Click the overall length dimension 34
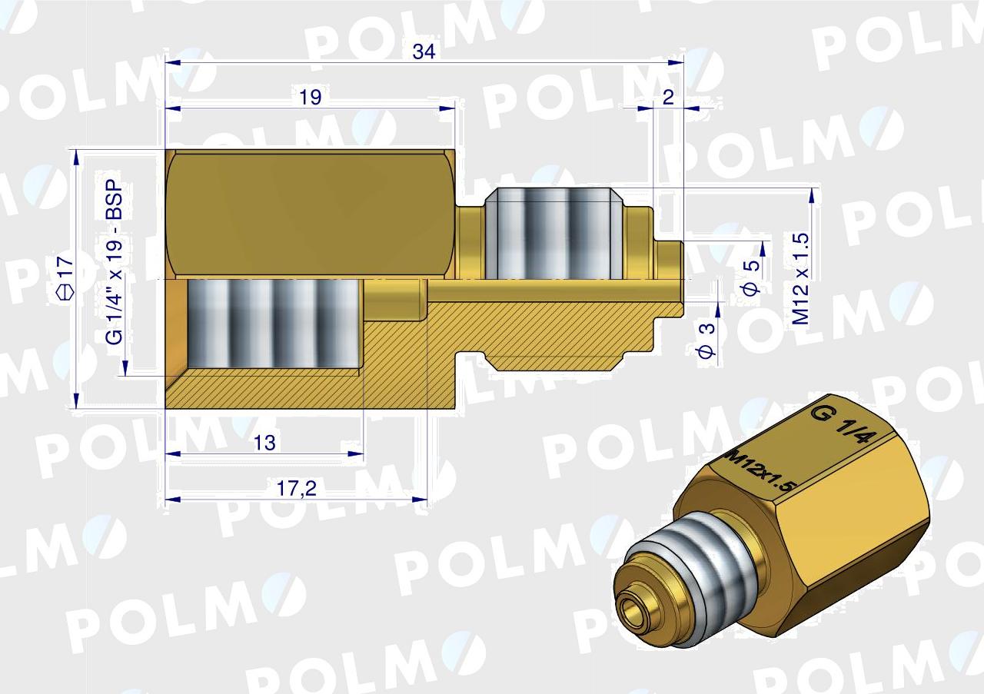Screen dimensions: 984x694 pos(424,51)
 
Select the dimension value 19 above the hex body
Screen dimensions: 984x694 pos(310,97)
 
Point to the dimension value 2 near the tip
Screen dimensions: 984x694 pos(668,97)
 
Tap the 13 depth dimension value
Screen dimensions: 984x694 pos(264,443)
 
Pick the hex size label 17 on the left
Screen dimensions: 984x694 pos(66,267)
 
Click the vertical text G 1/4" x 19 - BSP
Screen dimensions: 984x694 pos(115,262)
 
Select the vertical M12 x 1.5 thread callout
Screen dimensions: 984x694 pos(801,278)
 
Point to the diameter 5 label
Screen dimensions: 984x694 pos(752,277)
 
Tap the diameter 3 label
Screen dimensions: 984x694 pos(706,340)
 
